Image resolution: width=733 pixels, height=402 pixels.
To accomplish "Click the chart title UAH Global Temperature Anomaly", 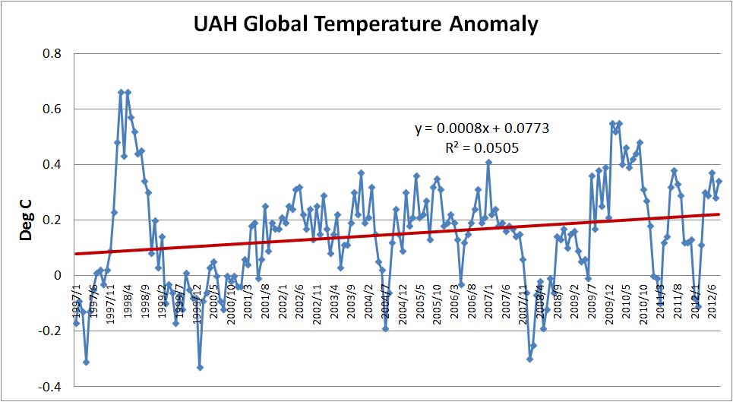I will tap(366, 24).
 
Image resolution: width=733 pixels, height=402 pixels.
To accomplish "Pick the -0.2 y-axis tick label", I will tap(49, 331).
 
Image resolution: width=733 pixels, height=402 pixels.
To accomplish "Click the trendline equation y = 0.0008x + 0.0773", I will tap(482, 128).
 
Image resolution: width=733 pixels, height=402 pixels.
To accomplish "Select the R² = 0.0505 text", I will tap(482, 147).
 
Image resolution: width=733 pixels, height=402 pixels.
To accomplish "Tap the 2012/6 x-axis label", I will tap(717, 298).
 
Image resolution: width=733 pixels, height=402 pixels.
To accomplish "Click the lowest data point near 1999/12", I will tap(200, 368).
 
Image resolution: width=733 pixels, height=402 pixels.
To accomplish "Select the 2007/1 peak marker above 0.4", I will tap(488, 162).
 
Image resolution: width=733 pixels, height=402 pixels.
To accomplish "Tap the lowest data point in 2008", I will tap(529, 359).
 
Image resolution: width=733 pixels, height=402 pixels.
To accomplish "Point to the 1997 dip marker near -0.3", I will tap(86, 362).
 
